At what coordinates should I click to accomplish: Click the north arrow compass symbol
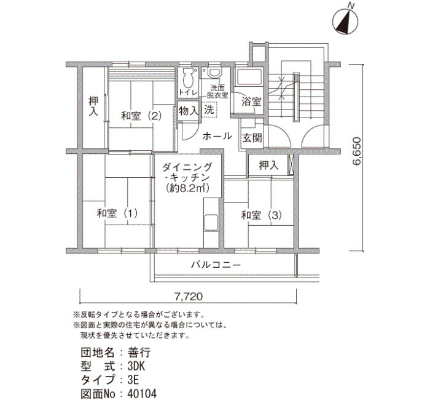345,21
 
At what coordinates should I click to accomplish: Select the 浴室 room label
251,102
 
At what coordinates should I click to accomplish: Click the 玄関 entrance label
252,138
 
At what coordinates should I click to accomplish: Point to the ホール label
217,136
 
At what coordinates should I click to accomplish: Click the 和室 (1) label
117,214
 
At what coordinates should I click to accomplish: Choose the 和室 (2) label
141,116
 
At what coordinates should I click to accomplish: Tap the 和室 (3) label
261,215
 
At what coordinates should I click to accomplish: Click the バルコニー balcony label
216,265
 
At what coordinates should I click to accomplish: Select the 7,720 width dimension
189,297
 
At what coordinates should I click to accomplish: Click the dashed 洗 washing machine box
209,110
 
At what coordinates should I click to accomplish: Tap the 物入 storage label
189,111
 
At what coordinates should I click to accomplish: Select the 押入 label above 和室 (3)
268,166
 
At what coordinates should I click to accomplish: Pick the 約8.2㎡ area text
188,188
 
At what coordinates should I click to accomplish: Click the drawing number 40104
142,393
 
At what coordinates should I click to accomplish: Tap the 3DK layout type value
136,366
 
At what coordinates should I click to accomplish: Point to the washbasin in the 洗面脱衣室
214,72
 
